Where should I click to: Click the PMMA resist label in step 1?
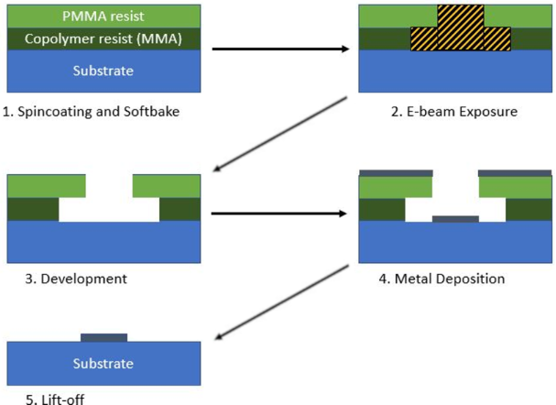pyautogui.click(x=104, y=16)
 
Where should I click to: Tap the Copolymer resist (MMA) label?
pyautogui.click(x=104, y=41)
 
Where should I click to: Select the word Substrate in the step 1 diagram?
pyautogui.click(x=104, y=71)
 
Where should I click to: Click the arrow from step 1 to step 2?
pyautogui.click(x=284, y=49)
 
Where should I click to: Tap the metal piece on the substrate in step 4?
pyautogui.click(x=454, y=219)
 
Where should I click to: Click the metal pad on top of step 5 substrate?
pyautogui.click(x=104, y=337)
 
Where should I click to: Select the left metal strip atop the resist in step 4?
pyautogui.click(x=396, y=172)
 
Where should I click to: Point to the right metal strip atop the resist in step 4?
pyautogui.click(x=516, y=172)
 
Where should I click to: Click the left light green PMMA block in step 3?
pyautogui.click(x=47, y=186)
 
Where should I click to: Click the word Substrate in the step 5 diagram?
pyautogui.click(x=104, y=364)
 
